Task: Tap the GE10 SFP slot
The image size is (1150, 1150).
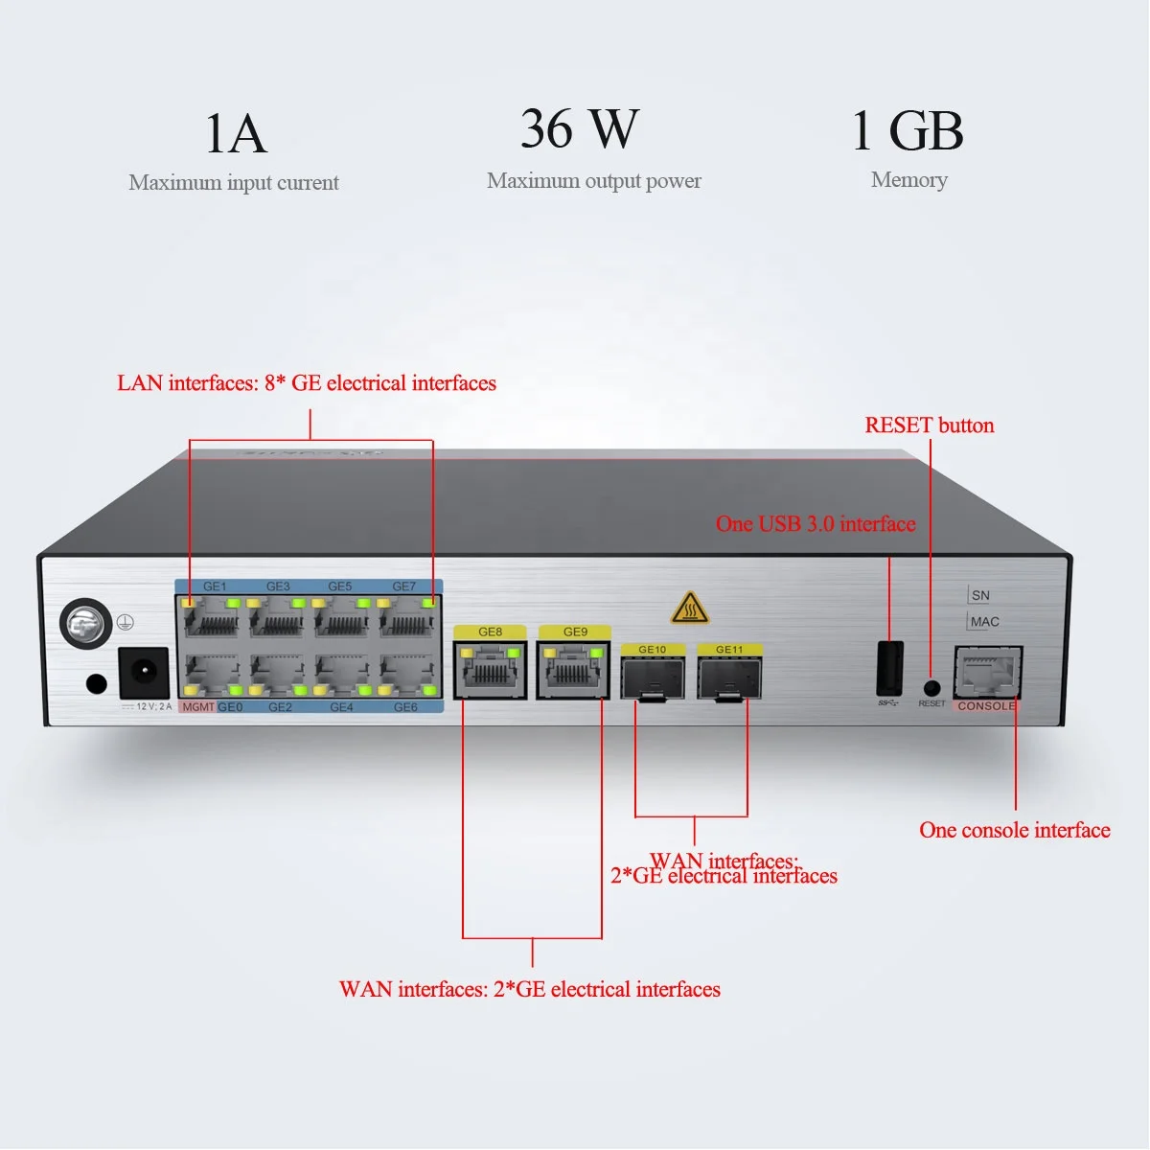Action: coord(653,678)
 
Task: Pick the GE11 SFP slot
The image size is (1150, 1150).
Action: coord(729,678)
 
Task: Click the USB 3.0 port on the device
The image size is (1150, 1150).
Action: coord(889,669)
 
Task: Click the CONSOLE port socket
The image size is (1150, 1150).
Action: coord(987,673)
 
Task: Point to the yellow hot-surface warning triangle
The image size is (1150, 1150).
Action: coord(689,608)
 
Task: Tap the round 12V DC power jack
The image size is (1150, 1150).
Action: coord(144,673)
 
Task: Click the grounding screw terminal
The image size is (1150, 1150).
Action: coord(86,624)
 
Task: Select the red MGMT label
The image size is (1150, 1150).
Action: coord(197,707)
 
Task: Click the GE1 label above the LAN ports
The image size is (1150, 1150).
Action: coord(215,586)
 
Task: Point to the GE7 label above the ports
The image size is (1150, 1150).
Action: coord(404,586)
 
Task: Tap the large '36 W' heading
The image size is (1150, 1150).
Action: coord(580,128)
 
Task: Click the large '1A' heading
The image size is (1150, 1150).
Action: coord(235,133)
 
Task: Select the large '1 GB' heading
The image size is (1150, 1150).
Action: coord(908,130)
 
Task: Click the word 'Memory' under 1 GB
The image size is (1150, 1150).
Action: coord(908,180)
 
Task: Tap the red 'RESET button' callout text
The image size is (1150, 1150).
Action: coord(929,425)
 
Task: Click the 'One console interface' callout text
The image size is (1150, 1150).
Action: coord(1014,830)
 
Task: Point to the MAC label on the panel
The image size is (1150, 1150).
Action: coord(984,622)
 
